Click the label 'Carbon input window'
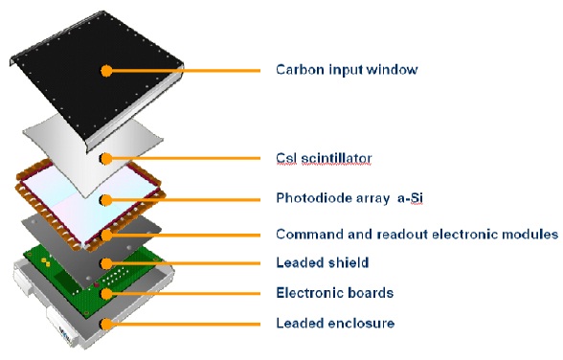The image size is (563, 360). pos(347,69)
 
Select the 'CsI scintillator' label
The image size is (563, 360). pos(324,158)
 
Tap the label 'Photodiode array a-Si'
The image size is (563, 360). pos(349,198)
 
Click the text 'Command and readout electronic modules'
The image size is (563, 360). pos(417,234)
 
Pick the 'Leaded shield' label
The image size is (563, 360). pos(323,262)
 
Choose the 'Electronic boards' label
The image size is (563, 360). pos(335,293)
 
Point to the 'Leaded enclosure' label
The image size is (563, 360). pos(335,323)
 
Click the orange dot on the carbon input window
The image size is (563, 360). pos(106,71)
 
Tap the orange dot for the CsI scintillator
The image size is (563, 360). pos(105,158)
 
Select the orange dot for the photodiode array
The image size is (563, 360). pos(105,200)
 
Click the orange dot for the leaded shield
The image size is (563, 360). pos(106,263)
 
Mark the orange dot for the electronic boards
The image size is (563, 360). pos(106,294)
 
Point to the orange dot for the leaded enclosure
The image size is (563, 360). pos(106,325)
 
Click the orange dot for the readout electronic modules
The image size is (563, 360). pos(106,236)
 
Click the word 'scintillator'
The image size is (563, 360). pos(336,158)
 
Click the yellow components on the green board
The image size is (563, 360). pos(46,261)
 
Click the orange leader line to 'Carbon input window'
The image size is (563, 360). pos(186,71)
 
